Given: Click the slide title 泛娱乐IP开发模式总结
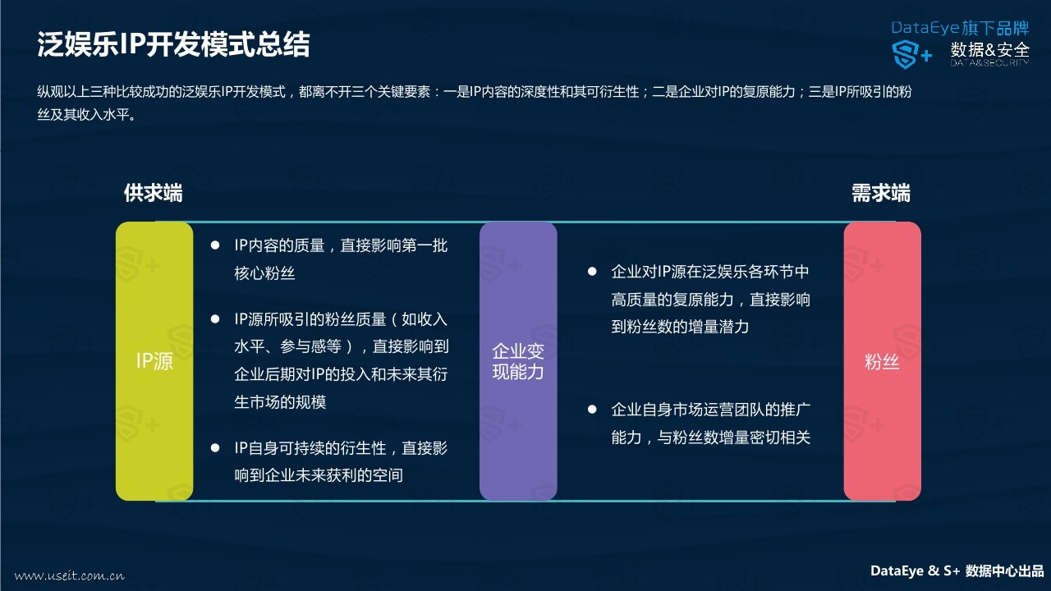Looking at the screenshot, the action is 173,44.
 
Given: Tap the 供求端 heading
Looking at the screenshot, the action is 154,193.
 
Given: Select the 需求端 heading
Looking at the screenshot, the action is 881,193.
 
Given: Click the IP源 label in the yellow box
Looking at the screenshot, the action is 154,361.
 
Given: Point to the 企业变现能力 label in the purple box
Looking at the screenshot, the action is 518,361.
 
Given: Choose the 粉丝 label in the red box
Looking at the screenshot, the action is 882,362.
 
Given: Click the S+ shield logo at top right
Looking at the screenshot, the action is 911,54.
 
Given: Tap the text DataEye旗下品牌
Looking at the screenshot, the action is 960,28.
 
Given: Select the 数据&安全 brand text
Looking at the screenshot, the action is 990,50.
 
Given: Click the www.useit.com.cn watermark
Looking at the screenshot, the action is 70,575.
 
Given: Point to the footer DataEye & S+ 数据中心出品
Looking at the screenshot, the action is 957,570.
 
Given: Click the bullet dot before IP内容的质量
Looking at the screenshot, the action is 215,245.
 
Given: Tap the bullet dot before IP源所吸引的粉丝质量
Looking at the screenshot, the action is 215,319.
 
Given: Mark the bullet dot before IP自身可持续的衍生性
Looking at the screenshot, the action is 215,448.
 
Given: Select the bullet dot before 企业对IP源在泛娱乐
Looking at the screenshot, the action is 592,272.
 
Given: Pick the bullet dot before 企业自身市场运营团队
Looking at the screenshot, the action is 592,410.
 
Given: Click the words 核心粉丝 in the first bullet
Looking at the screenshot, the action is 264,273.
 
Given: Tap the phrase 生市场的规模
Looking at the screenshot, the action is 280,402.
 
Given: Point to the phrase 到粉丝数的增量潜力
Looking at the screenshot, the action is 680,327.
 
